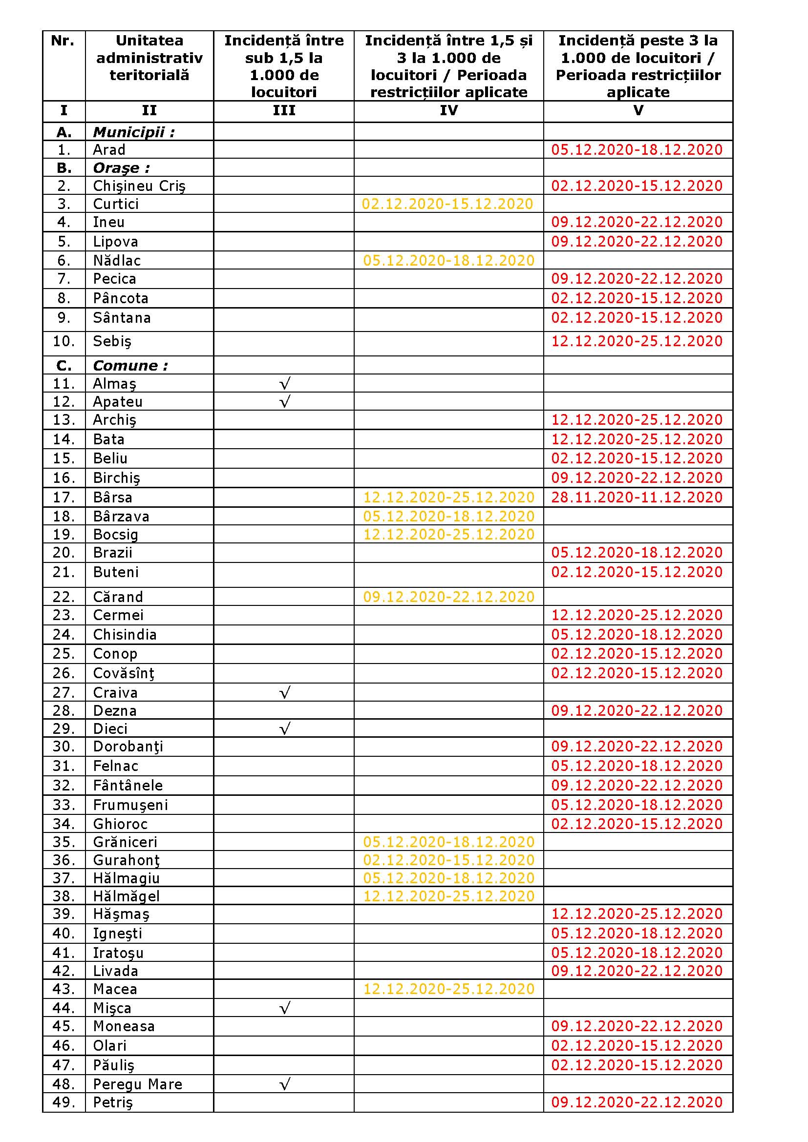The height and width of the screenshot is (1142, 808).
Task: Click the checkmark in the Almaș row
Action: click(285, 383)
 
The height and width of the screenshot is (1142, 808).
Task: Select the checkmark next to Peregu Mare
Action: click(285, 1084)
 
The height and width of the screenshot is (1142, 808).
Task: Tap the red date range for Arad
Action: click(637, 150)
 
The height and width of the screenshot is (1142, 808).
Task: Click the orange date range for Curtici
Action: click(447, 204)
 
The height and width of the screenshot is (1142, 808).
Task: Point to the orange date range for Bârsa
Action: click(449, 498)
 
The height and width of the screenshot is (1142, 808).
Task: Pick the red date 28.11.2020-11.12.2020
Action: click(637, 498)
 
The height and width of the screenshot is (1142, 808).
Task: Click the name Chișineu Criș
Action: click(139, 186)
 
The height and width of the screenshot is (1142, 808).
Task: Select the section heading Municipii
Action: click(134, 132)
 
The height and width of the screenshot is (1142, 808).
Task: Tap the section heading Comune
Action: click(130, 366)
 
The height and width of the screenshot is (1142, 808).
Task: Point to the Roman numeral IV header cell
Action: click(449, 110)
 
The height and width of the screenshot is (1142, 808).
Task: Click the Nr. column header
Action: click(63, 41)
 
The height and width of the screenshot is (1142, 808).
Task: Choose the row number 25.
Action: click(64, 654)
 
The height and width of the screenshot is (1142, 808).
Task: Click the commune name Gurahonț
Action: click(127, 860)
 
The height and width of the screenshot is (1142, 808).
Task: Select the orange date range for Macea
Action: click(449, 989)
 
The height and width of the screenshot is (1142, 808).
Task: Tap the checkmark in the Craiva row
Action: click(285, 692)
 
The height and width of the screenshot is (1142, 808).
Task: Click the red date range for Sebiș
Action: click(637, 341)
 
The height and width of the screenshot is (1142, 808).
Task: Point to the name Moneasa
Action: click(124, 1026)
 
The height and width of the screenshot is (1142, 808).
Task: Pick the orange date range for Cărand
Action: click(449, 597)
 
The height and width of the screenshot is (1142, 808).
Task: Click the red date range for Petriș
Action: click(637, 1102)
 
